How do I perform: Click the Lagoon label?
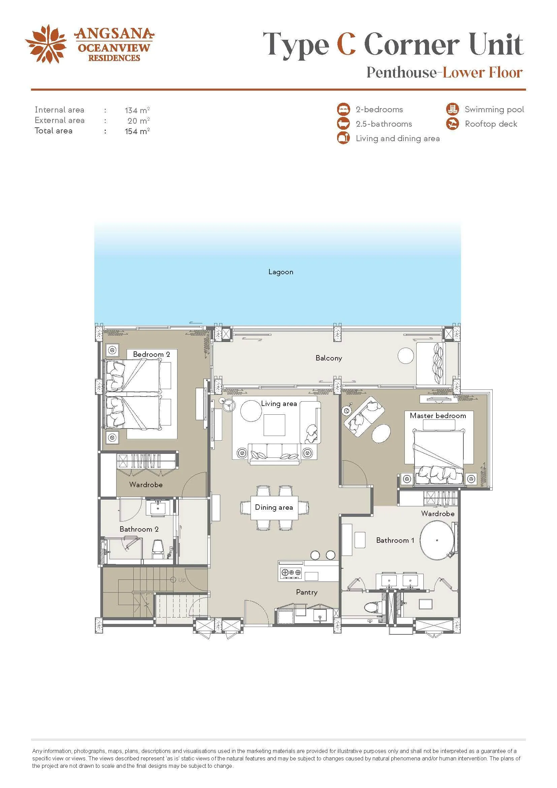click(x=281, y=272)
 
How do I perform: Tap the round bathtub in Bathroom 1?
click(x=437, y=540)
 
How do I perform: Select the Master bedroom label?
click(x=438, y=416)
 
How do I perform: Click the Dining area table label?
click(x=274, y=507)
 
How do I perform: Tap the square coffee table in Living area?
click(x=274, y=425)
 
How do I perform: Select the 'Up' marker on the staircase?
click(x=179, y=580)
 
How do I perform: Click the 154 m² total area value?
click(x=137, y=131)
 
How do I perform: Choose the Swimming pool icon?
click(x=452, y=109)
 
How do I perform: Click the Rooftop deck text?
click(x=491, y=124)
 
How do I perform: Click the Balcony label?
click(x=329, y=358)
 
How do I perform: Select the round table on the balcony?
click(x=406, y=356)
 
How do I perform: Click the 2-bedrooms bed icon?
click(x=343, y=109)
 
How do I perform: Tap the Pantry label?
click(x=307, y=592)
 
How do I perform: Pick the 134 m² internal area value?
click(x=137, y=110)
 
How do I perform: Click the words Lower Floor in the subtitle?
click(x=483, y=72)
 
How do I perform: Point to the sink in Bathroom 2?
click(x=157, y=508)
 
